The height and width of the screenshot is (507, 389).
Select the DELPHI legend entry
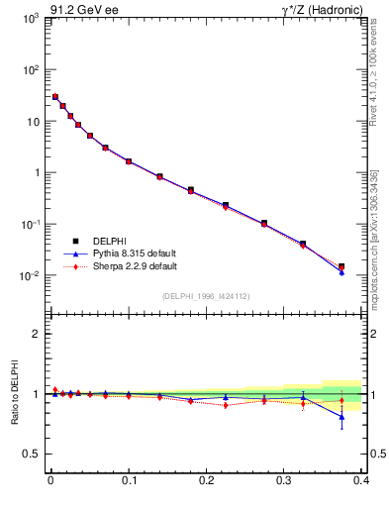point(109,241)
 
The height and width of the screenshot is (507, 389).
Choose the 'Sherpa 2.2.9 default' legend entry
point(135,266)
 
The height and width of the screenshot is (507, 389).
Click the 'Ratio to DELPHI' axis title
point(15,394)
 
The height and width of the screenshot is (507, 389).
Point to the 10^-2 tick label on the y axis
point(32,275)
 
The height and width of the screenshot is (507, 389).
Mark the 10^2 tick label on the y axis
point(32,70)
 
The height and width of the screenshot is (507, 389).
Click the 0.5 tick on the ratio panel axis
point(33,454)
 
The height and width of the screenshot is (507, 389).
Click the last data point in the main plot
point(341,266)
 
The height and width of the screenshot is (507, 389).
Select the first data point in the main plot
point(55,97)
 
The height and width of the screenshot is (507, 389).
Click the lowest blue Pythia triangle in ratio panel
point(341,417)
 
